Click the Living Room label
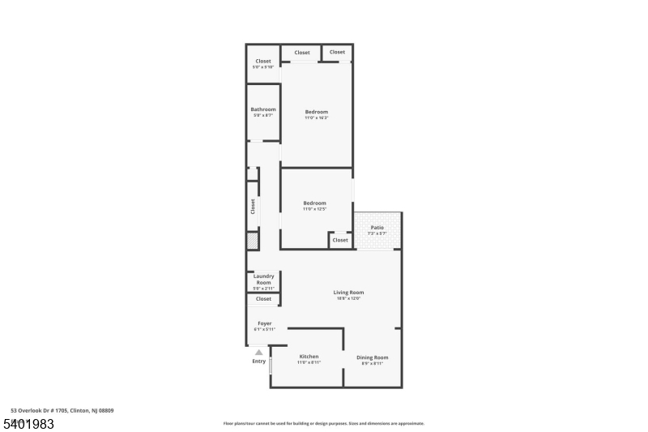348,292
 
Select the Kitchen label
309,357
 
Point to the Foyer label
264,323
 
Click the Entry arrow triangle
259,352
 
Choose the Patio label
377,228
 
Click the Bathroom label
263,109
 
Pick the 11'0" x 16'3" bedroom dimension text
316,118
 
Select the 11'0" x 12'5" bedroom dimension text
314,209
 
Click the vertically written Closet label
253,207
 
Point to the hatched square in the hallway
253,241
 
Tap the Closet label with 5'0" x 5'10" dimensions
263,61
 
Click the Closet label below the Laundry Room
263,299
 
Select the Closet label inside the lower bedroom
340,240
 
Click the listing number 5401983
28,424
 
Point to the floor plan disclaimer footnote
323,423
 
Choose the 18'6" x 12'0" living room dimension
348,298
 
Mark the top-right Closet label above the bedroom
337,52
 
